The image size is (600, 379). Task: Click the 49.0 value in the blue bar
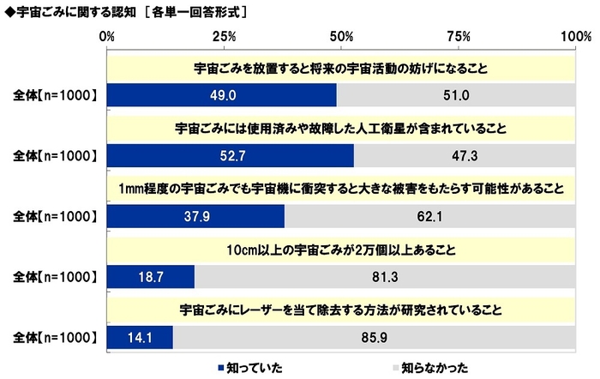pos(222,93)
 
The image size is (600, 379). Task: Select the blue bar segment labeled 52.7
pos(231,154)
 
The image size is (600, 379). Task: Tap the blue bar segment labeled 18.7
pos(151,276)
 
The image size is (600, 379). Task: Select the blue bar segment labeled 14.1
pos(141,337)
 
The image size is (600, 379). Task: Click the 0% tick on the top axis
pos(107,37)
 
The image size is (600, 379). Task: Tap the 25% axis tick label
pos(224,37)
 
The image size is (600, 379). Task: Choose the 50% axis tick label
pos(341,37)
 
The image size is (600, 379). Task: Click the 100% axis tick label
pos(571,37)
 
